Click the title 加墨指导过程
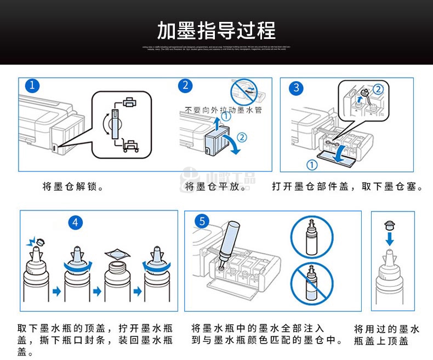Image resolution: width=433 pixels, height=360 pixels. coord(216,30)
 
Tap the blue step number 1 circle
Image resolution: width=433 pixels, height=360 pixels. coord(33,85)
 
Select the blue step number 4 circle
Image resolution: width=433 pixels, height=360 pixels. coord(75,222)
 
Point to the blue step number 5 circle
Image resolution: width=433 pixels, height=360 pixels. coord(202,221)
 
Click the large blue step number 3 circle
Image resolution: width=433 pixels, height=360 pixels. coord(297,88)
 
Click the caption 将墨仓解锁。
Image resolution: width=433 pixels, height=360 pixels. coord(73,187)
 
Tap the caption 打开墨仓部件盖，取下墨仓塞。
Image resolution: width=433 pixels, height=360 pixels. coord(347,187)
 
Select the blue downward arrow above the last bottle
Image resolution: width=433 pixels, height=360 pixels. coord(389,238)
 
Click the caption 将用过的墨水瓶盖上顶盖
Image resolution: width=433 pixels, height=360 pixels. coord(386,335)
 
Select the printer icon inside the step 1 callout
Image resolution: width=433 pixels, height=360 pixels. coord(129,102)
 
